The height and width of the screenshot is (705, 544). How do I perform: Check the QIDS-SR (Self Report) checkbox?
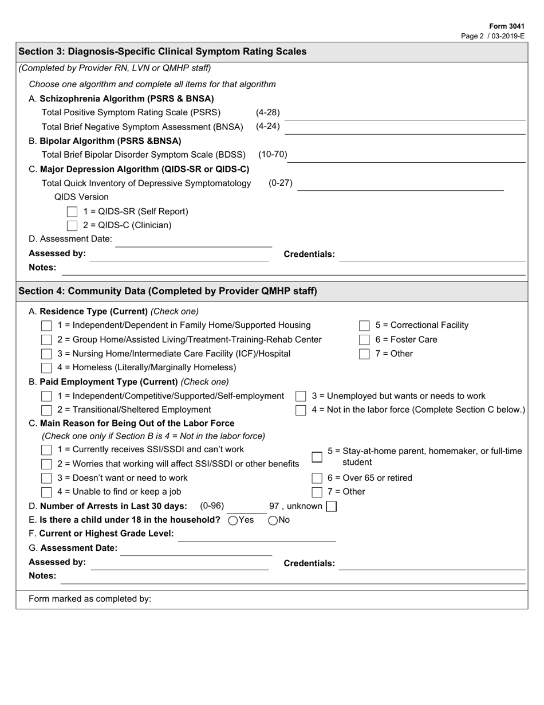pyautogui.click(x=72, y=211)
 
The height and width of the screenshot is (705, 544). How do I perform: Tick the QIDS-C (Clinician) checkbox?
pyautogui.click(x=72, y=225)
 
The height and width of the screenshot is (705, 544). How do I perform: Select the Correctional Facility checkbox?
pyautogui.click(x=364, y=326)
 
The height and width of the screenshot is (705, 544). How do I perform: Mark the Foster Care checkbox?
pyautogui.click(x=364, y=340)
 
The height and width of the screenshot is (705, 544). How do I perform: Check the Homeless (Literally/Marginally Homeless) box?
pyautogui.click(x=47, y=367)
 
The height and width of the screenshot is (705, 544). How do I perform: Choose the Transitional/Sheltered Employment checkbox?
pyautogui.click(x=47, y=410)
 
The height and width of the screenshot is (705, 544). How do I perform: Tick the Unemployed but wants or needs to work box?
pyautogui.click(x=301, y=396)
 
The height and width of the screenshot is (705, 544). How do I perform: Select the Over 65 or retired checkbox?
pyautogui.click(x=317, y=478)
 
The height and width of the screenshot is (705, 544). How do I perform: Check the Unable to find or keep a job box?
pyautogui.click(x=47, y=492)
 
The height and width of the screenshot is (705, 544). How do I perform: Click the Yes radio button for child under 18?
pyautogui.click(x=233, y=520)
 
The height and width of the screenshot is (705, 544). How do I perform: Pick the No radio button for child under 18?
pyautogui.click(x=273, y=520)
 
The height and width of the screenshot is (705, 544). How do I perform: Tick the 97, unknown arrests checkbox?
pyautogui.click(x=331, y=506)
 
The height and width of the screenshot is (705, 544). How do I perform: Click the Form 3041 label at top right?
pyautogui.click(x=506, y=26)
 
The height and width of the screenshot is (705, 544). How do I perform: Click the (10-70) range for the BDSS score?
pyautogui.click(x=273, y=154)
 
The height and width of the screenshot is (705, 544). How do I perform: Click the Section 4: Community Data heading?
pyautogui.click(x=168, y=291)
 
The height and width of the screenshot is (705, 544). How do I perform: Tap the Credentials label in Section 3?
pyautogui.click(x=309, y=254)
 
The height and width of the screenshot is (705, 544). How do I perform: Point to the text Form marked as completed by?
pyautogui.click(x=90, y=598)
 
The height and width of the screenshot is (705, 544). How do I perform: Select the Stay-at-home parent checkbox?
pyautogui.click(x=317, y=457)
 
